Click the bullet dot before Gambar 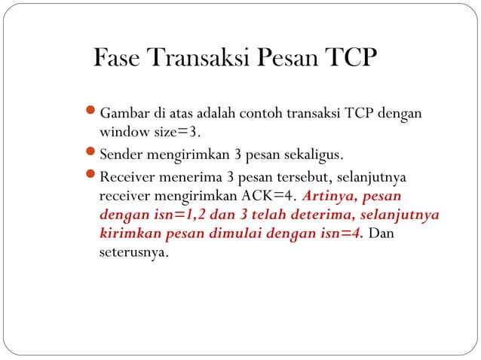tap(91, 114)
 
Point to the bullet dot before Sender tap(91, 156)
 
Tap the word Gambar tap(124, 114)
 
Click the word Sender tap(120, 157)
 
